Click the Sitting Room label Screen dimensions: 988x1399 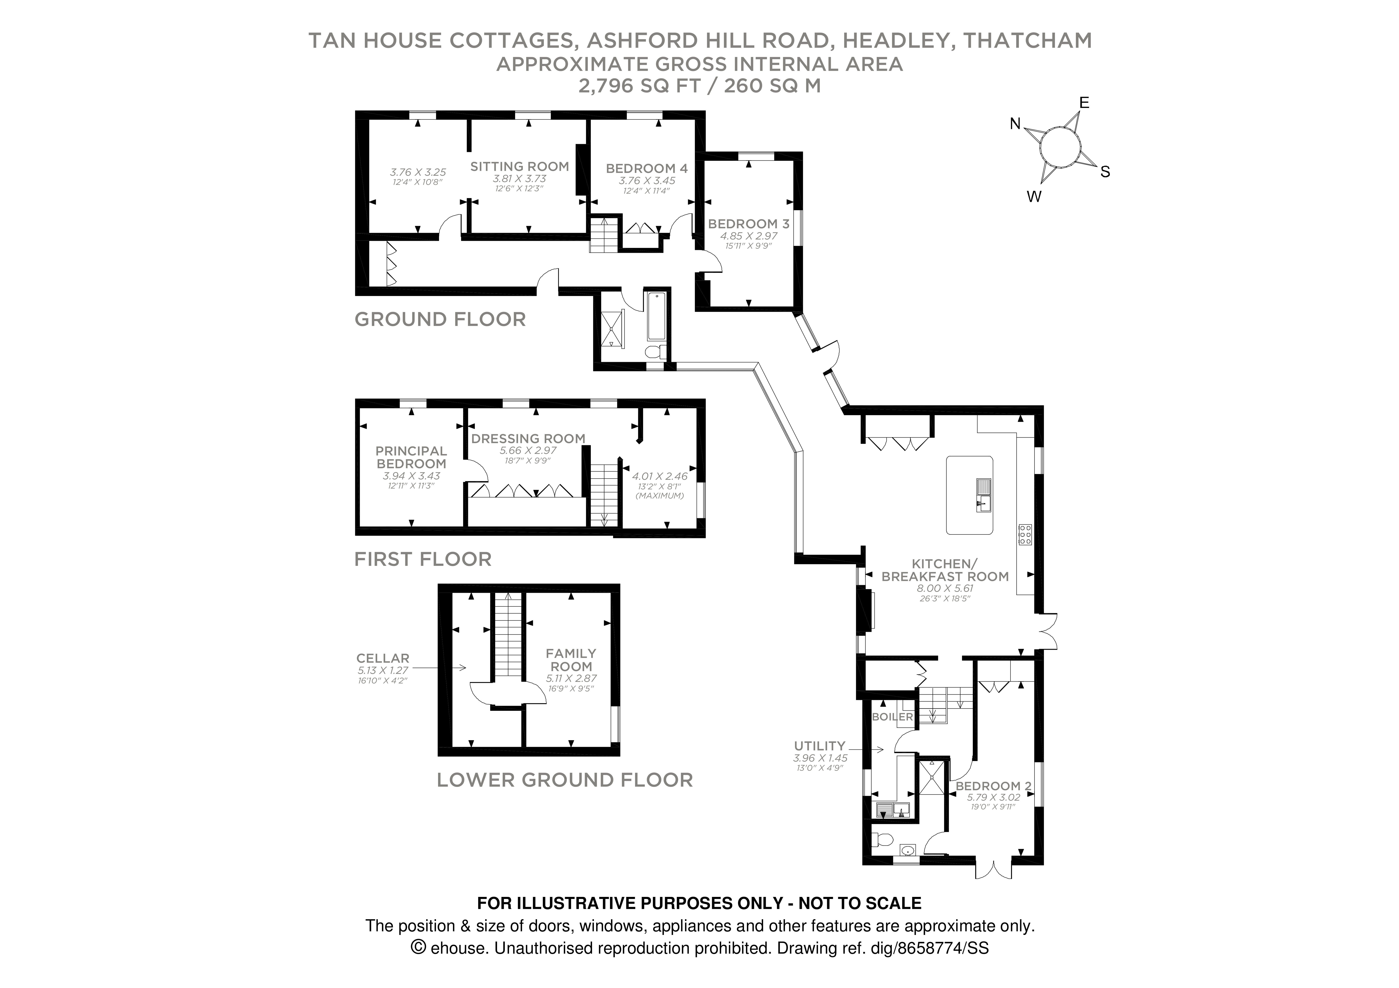(x=519, y=166)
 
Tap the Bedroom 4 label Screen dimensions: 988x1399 (x=646, y=168)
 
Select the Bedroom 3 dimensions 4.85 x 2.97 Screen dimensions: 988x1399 (x=748, y=236)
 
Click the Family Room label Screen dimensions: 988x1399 (x=571, y=660)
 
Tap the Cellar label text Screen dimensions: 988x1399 (x=383, y=658)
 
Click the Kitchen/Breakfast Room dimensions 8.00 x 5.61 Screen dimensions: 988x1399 (x=945, y=588)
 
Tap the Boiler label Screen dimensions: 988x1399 (x=892, y=717)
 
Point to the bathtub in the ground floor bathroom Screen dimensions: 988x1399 (x=656, y=316)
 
